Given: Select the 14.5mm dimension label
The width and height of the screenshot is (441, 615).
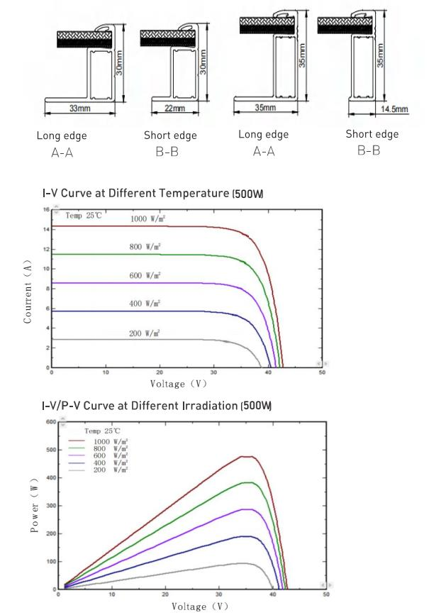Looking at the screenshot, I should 394,109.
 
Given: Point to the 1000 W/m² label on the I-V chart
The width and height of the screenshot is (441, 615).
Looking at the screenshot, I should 147,218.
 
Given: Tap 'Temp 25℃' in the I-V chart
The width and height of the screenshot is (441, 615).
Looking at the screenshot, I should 84,215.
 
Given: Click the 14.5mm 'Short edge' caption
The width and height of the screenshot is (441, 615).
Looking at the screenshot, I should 372,134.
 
